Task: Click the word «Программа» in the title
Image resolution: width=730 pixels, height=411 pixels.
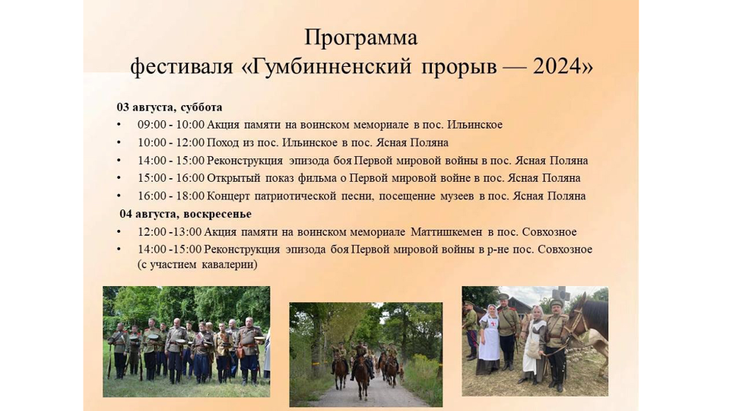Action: pyautogui.click(x=360, y=38)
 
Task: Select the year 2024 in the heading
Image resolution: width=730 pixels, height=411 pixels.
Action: pyautogui.click(x=557, y=67)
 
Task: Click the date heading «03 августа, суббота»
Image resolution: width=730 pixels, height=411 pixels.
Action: pyautogui.click(x=170, y=107)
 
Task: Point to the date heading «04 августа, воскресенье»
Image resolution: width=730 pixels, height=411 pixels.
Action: pyautogui.click(x=186, y=214)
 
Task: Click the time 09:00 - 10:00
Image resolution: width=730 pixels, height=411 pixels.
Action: pyautogui.click(x=171, y=125)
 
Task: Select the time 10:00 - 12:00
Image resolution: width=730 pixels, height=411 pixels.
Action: pyautogui.click(x=171, y=142)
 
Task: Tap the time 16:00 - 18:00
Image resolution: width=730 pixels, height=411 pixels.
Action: pyautogui.click(x=171, y=196)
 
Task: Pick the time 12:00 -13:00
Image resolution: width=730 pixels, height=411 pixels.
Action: pyautogui.click(x=170, y=232)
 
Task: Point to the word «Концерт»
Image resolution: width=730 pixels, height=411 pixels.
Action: pyautogui.click(x=228, y=196)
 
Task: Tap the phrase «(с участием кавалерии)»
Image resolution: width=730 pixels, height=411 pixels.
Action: pyautogui.click(x=198, y=265)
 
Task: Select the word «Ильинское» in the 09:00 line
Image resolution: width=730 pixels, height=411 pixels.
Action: pyautogui.click(x=474, y=125)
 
